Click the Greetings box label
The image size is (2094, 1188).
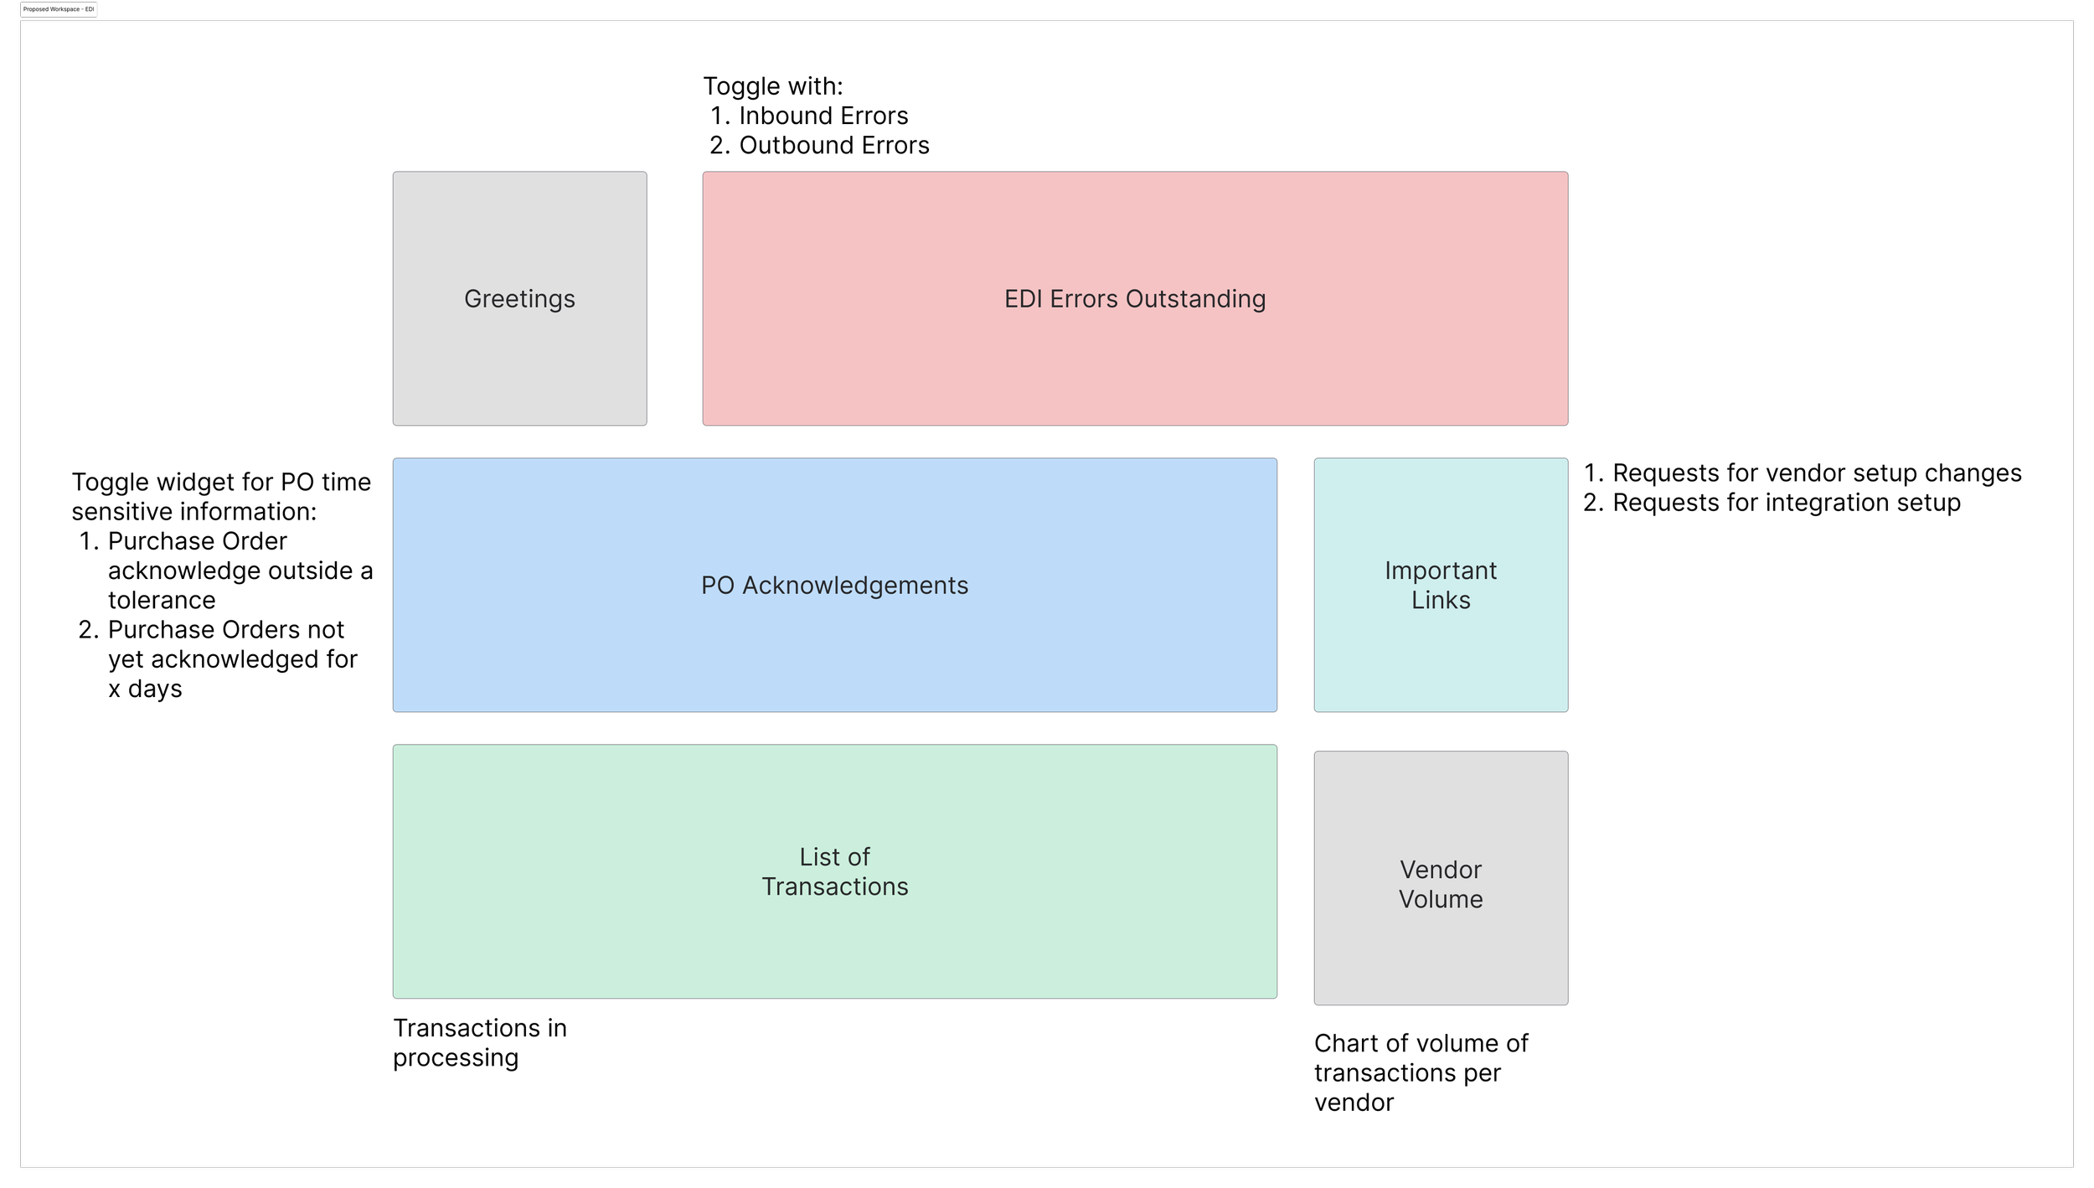pos(519,299)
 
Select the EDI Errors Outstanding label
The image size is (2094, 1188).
pos(1135,299)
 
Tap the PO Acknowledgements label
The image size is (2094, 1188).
pos(834,586)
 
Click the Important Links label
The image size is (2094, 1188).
pos(1441,585)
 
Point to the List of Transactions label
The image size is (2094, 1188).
pos(834,871)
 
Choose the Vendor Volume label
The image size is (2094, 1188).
pos(1441,884)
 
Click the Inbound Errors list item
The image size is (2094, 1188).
pos(823,116)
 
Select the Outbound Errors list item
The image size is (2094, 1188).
pos(833,145)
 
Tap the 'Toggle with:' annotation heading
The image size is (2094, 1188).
pos(772,86)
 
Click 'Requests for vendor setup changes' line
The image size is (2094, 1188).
pos(1816,473)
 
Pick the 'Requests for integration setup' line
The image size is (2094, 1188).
pos(1786,503)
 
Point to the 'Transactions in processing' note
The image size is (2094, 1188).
pos(479,1042)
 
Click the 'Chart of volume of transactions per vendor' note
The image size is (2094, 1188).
pos(1421,1072)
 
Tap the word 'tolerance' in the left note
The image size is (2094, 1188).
pos(162,600)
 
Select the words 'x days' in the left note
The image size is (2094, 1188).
pos(145,689)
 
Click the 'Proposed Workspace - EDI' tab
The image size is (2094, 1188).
pos(59,9)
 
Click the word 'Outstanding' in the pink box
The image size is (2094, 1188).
pos(1195,299)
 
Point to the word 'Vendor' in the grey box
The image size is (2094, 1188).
pos(1441,870)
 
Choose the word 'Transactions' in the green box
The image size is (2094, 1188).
pos(834,886)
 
